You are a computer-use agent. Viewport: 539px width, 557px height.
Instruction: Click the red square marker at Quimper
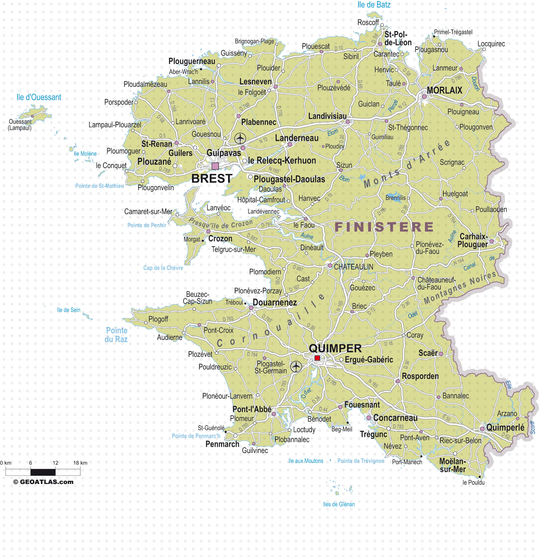(x=317, y=358)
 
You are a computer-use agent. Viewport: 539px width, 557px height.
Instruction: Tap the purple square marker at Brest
(x=215, y=166)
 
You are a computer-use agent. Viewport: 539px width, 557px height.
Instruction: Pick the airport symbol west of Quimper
(x=296, y=366)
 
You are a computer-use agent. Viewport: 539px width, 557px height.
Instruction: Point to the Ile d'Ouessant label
(x=39, y=97)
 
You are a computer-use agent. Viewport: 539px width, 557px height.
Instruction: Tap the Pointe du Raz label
(x=116, y=335)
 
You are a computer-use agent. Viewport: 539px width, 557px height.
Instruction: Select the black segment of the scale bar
(x=43, y=472)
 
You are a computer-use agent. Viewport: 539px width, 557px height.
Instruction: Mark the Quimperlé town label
(x=505, y=427)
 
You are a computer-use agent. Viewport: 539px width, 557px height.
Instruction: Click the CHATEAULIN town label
(x=353, y=267)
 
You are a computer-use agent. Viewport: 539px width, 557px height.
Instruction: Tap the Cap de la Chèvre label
(x=163, y=268)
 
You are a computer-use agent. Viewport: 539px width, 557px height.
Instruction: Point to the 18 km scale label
(x=80, y=463)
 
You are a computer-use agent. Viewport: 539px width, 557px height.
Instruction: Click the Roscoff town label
(x=368, y=22)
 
